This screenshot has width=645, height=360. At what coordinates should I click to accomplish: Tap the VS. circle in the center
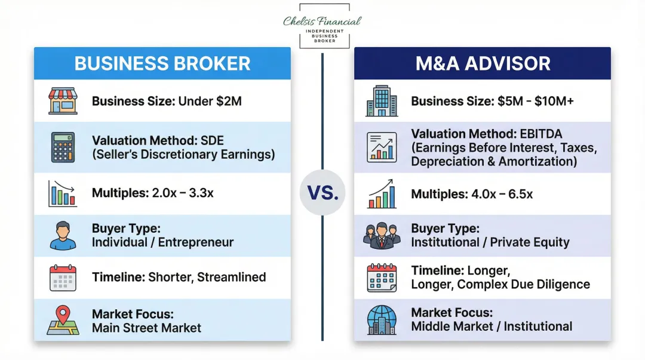point(322,192)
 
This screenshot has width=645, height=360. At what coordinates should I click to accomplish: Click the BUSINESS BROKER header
point(162,63)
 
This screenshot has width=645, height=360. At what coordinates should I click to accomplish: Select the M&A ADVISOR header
point(483,63)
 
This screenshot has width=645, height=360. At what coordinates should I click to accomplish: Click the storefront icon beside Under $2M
point(63,101)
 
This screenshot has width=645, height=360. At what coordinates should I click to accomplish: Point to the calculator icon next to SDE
point(63,147)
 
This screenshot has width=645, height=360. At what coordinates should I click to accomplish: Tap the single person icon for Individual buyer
point(63,236)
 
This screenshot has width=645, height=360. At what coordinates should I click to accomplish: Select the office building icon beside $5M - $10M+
point(382,101)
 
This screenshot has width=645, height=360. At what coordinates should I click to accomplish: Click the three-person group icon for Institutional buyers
point(382,236)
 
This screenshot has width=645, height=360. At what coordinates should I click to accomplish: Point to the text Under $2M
point(210,101)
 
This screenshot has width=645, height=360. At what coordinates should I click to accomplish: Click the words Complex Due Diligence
point(523,285)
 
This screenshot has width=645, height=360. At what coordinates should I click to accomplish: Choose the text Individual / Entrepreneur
point(162,242)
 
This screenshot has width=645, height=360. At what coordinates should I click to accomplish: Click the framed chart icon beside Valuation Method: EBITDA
point(382,147)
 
